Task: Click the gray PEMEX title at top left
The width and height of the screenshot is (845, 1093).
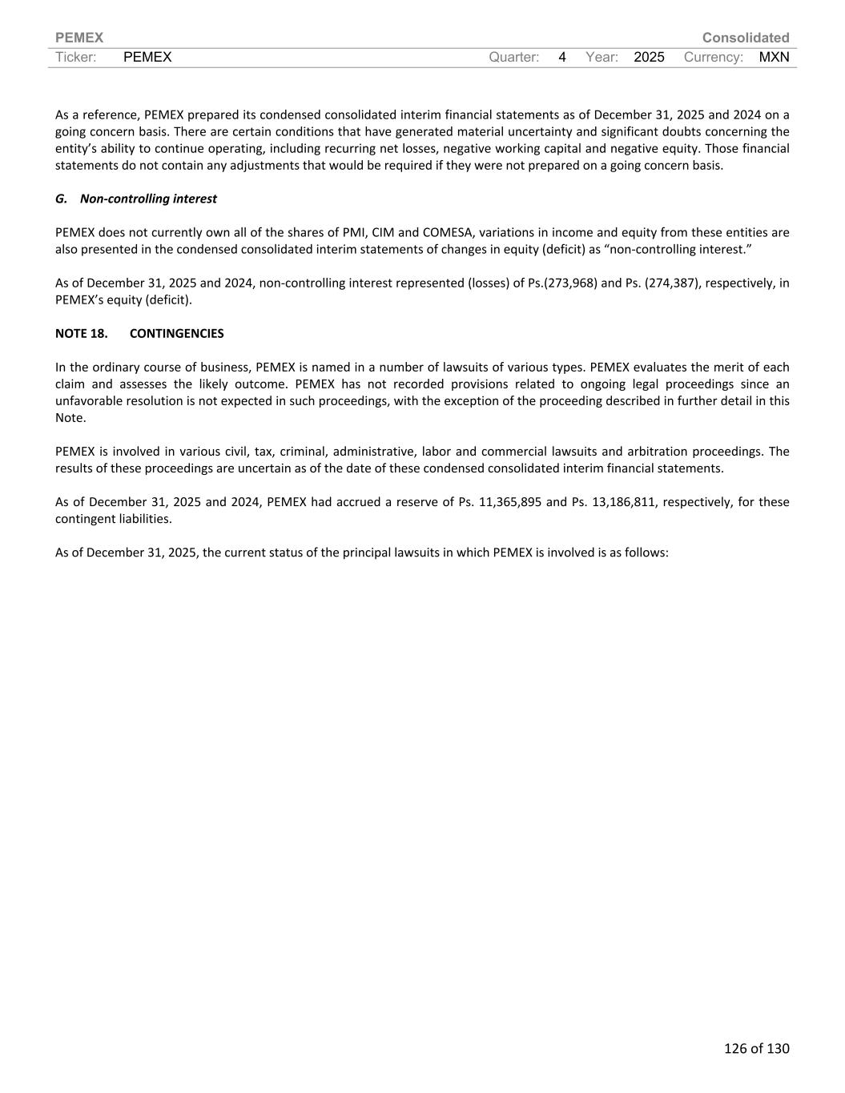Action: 79,38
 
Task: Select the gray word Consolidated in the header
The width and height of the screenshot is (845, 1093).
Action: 745,38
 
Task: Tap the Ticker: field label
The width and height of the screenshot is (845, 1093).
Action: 76,57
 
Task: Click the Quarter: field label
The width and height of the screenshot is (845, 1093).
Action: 513,57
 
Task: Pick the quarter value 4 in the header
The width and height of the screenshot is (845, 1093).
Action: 562,57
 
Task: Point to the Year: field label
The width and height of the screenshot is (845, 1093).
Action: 602,57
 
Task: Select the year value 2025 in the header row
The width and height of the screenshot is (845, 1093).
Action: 649,57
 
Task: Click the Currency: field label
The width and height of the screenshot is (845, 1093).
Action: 713,57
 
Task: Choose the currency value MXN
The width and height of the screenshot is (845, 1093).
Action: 774,57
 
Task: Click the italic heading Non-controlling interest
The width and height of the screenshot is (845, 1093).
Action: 148,199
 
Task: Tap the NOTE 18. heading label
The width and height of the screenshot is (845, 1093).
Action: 82,333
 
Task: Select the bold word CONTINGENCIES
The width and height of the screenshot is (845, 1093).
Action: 176,333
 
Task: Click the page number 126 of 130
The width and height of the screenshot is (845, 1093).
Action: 756,1048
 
